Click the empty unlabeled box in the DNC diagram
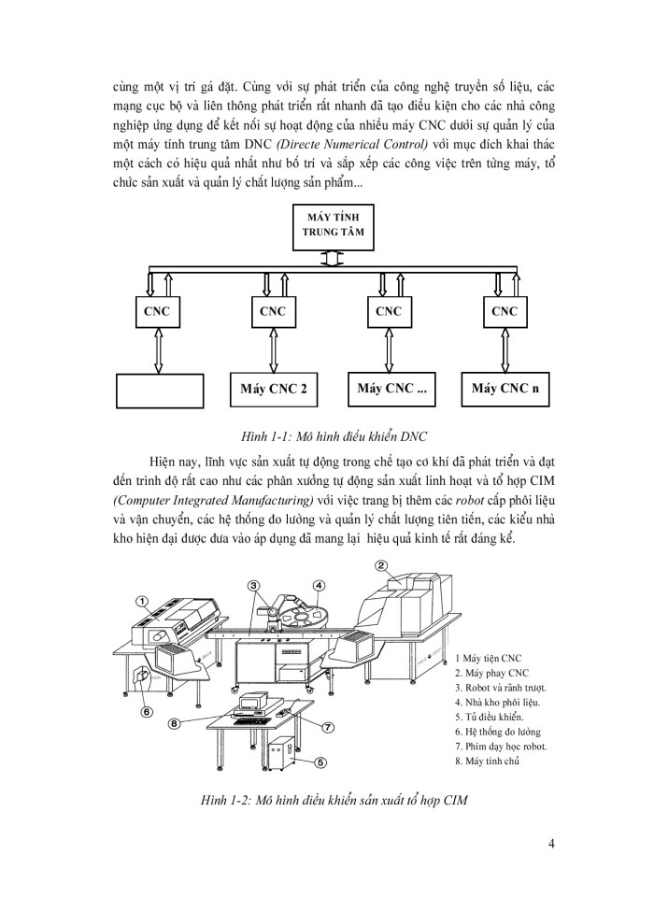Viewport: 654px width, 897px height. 159,391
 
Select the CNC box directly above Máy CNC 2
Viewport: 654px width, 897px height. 273,311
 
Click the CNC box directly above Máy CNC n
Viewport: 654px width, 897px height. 505,311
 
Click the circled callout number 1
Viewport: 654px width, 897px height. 142,602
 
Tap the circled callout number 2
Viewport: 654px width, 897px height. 381,565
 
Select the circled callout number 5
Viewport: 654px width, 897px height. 319,762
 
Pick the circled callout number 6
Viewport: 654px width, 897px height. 147,711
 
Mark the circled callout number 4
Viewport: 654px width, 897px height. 319,587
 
